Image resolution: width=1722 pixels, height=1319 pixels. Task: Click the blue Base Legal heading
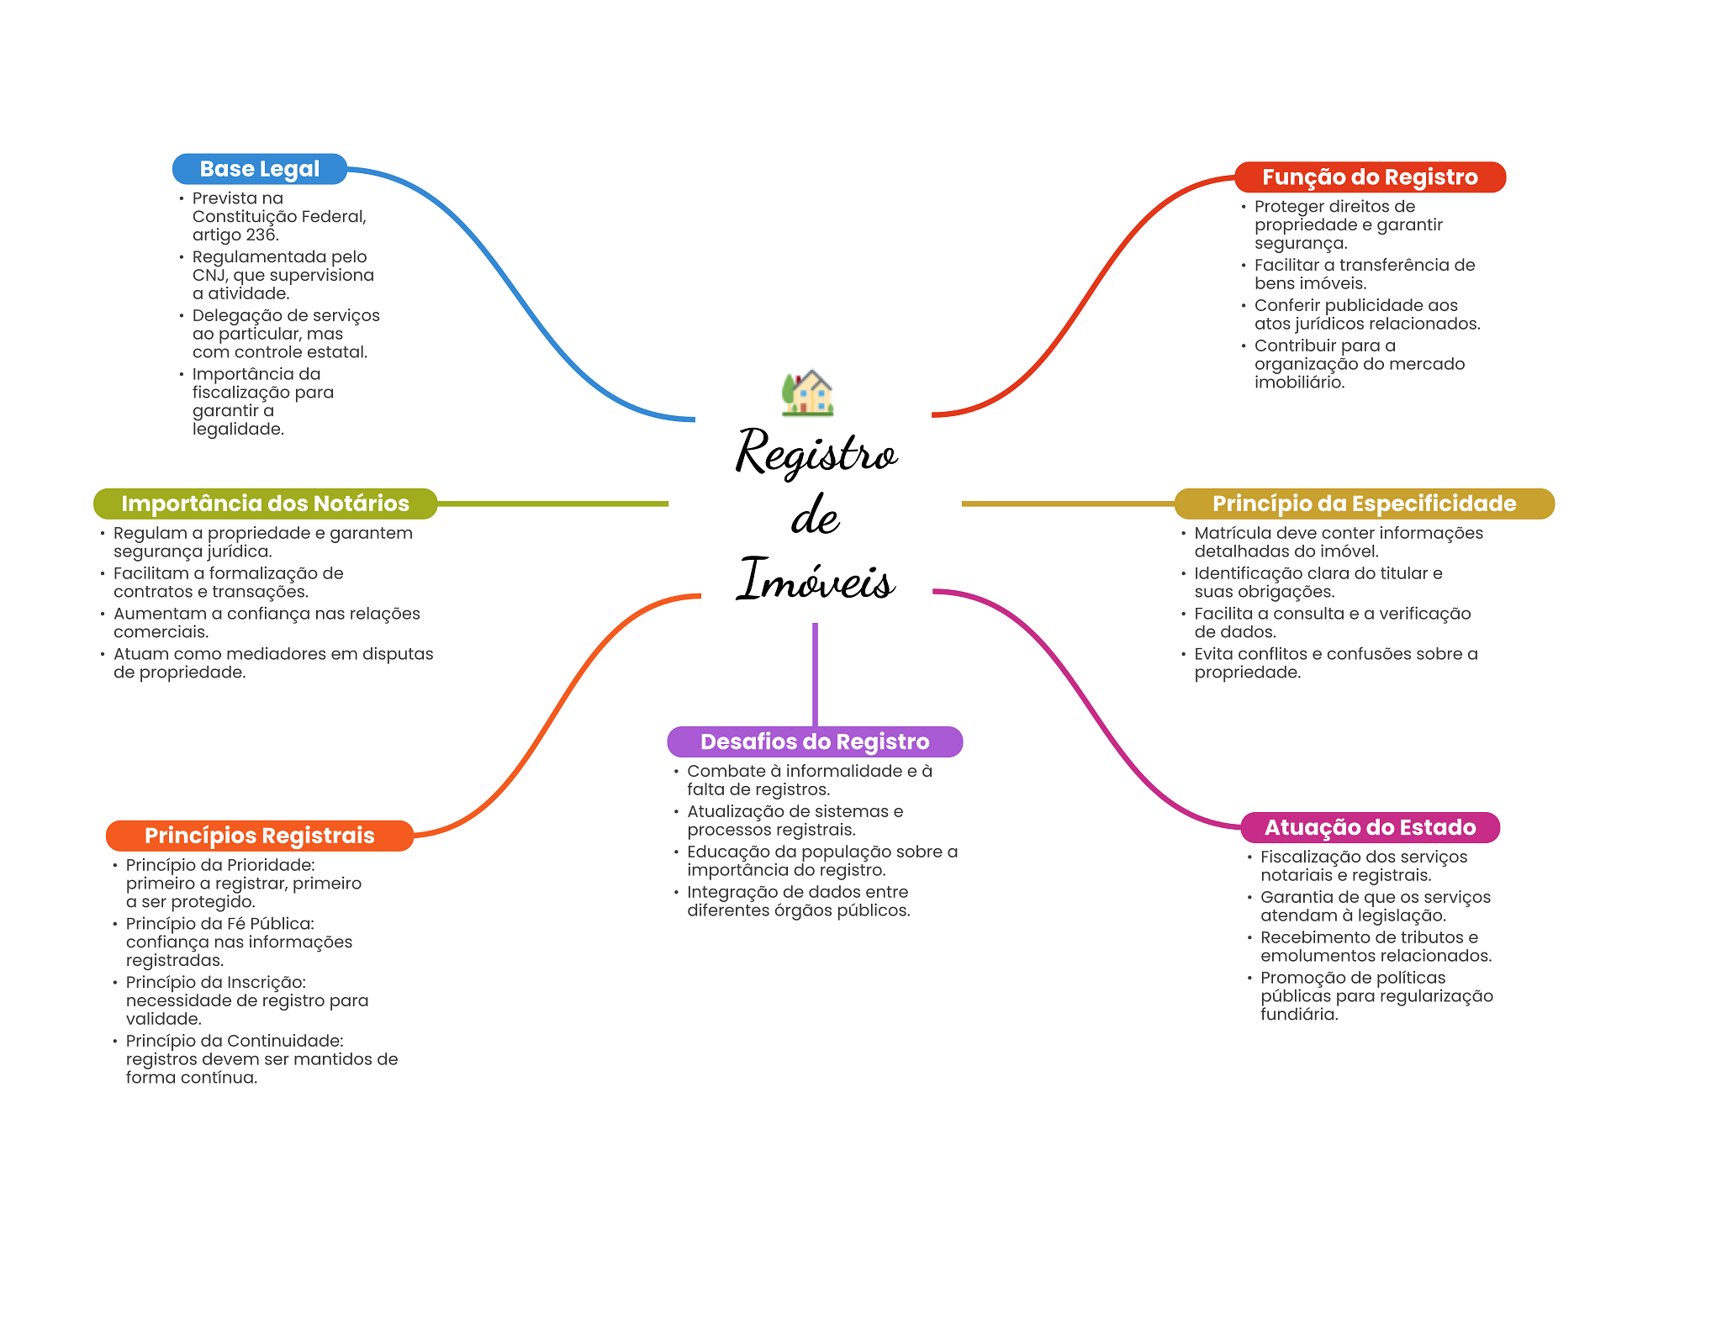click(x=260, y=169)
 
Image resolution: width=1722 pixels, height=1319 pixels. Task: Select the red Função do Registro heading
click(x=1370, y=177)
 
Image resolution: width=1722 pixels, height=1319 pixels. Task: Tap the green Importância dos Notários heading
click(x=265, y=504)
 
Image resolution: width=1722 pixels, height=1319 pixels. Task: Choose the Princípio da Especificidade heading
click(x=1364, y=504)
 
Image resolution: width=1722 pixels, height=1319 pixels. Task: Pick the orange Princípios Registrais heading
click(x=260, y=836)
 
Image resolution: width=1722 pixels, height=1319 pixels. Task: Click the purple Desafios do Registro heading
click(x=815, y=741)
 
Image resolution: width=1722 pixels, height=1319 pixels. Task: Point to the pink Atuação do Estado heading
click(x=1371, y=827)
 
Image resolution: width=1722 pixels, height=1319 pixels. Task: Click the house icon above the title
click(x=808, y=393)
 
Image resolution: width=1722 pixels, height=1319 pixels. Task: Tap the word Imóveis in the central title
click(x=816, y=579)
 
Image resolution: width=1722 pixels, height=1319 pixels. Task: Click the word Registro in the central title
click(x=816, y=452)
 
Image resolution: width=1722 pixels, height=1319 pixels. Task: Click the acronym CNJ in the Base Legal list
click(x=209, y=275)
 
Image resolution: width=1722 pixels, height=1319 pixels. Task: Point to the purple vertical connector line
click(x=815, y=674)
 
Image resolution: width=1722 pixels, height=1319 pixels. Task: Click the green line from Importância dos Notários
click(x=552, y=504)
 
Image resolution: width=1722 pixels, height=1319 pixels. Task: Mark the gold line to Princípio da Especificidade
click(x=1068, y=504)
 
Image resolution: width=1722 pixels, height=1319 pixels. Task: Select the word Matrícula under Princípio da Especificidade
click(x=1232, y=533)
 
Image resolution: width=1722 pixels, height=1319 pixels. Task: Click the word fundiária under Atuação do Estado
click(x=1299, y=1014)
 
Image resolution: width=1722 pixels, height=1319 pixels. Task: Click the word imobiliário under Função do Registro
click(x=1300, y=382)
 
